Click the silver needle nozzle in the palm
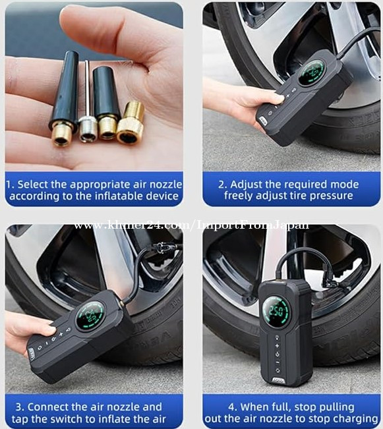tap(87, 109)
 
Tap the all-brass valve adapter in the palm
tap(131, 123)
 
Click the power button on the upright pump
tap(278, 354)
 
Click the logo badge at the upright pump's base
tap(278, 380)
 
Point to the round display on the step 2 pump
tap(311, 72)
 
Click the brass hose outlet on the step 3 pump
tap(120, 303)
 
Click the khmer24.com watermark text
tap(191, 225)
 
